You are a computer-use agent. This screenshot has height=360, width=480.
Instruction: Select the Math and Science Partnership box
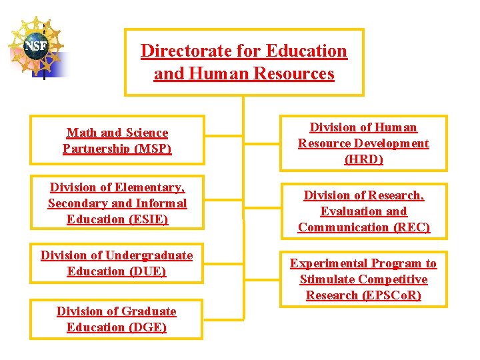tap(117, 141)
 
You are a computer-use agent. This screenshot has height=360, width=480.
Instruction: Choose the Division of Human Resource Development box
tap(363, 143)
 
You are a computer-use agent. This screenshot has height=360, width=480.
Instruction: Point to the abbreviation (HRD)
tap(363, 159)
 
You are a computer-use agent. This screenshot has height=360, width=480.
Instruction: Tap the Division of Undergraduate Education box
tap(117, 263)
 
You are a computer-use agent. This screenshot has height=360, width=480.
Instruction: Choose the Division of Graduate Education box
tap(117, 319)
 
